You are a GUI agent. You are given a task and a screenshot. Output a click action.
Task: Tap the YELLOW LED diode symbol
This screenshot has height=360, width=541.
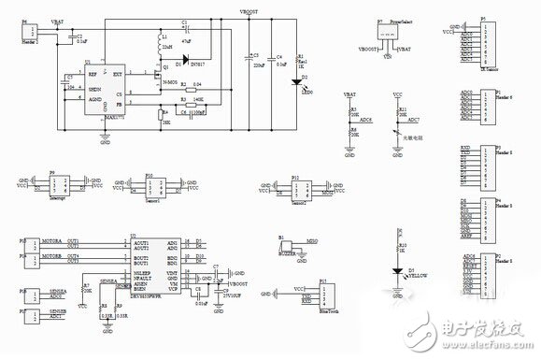(x=399, y=268)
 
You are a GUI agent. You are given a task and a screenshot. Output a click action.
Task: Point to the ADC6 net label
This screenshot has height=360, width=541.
(x=364, y=121)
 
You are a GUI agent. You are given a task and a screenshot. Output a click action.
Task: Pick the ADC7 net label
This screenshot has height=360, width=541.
(x=415, y=121)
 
